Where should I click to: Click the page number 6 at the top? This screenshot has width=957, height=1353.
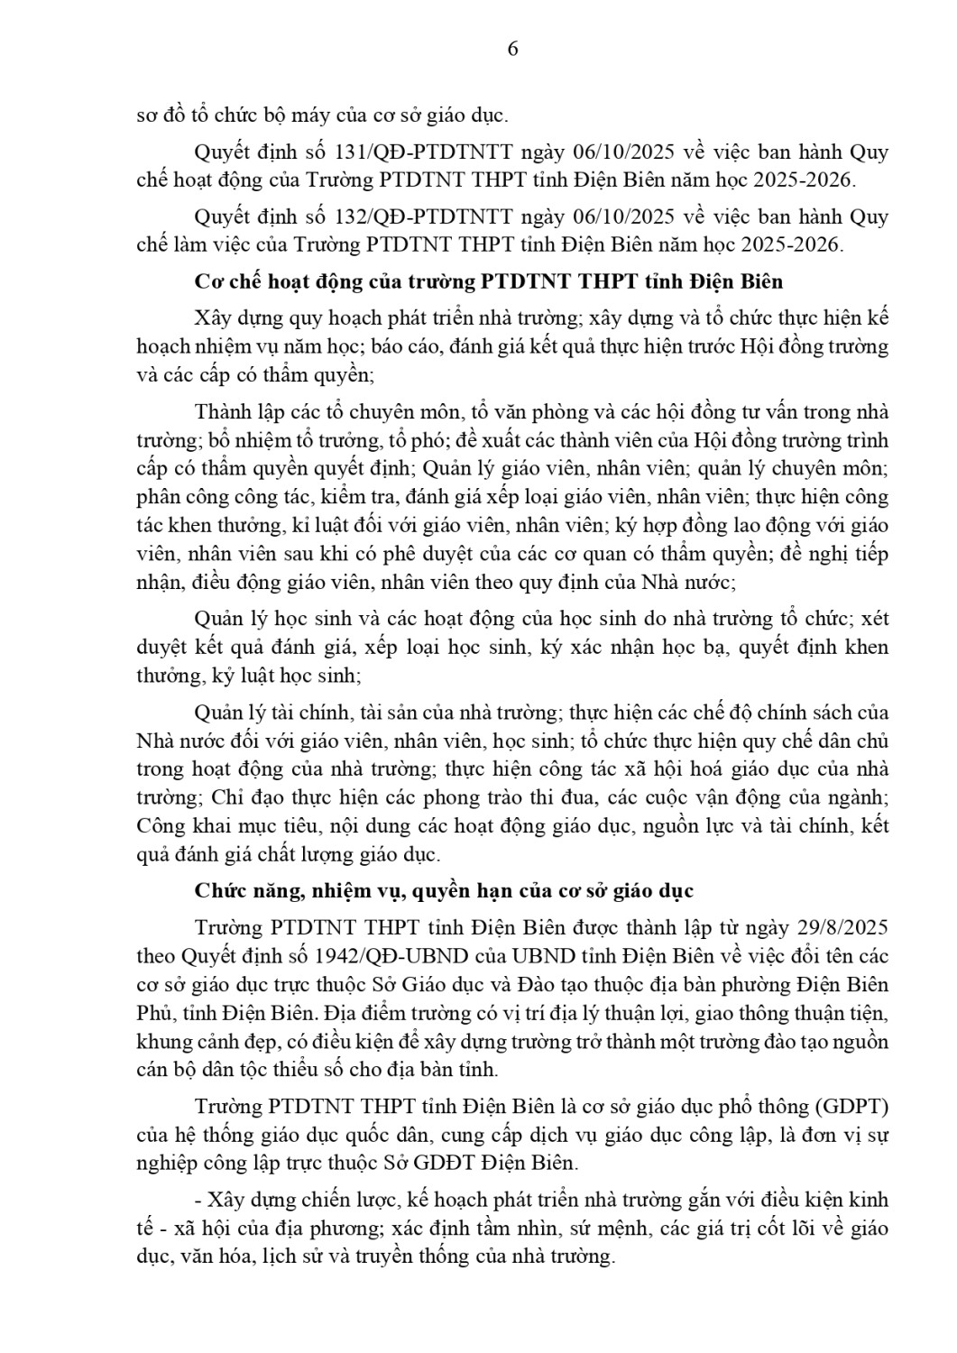512,49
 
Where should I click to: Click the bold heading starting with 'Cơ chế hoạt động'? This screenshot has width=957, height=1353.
489,281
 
